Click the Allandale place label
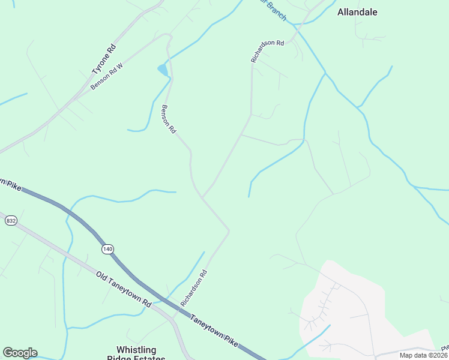(x=357, y=12)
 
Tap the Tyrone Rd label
(x=103, y=59)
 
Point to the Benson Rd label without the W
(x=169, y=119)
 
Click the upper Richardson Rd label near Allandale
(x=267, y=52)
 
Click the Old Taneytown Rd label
(x=124, y=290)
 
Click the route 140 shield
(x=107, y=249)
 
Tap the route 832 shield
(x=11, y=221)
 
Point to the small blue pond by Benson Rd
(x=163, y=70)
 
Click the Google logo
(x=20, y=353)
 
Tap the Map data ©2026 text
(x=423, y=355)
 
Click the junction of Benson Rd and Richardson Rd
(x=202, y=197)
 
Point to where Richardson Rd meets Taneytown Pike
(x=178, y=310)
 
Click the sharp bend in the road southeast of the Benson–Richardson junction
(x=229, y=230)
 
